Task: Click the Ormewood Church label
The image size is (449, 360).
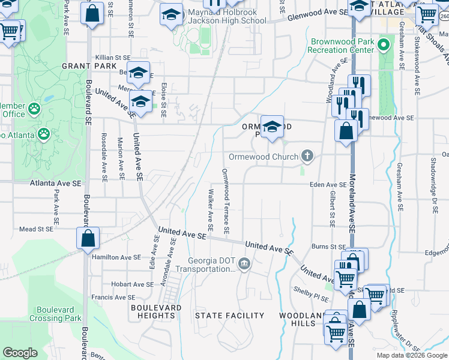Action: pos(263,157)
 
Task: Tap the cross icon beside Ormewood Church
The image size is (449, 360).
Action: pos(307,157)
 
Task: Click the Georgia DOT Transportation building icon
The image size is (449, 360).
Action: pos(244,263)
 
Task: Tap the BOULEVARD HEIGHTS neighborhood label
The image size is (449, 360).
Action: pos(156,311)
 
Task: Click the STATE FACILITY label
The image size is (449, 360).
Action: pos(230,316)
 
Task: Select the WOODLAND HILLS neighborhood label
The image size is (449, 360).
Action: pos(297,319)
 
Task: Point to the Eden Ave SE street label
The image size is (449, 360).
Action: pos(328,185)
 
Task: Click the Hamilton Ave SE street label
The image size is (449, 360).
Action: pos(116,257)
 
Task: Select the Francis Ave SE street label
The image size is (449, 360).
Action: pos(113,298)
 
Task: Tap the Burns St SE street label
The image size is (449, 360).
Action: pos(326,246)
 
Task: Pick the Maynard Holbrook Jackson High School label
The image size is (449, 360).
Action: pos(227,16)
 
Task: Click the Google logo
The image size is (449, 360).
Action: pos(20,353)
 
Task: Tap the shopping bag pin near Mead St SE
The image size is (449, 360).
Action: pos(88,238)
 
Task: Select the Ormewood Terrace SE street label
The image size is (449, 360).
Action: pos(226,201)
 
